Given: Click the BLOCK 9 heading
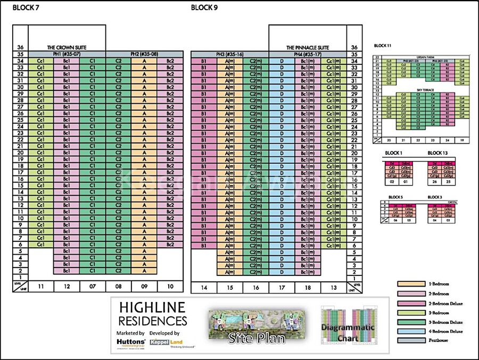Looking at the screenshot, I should (204, 7).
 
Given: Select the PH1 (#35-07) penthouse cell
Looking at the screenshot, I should (67, 54).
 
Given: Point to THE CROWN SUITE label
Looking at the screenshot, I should (67, 47).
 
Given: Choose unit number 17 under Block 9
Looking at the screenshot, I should (282, 288).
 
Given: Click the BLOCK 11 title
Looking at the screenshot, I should (383, 46).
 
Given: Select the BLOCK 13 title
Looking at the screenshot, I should (437, 153).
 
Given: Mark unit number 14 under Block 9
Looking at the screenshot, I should (203, 288).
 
